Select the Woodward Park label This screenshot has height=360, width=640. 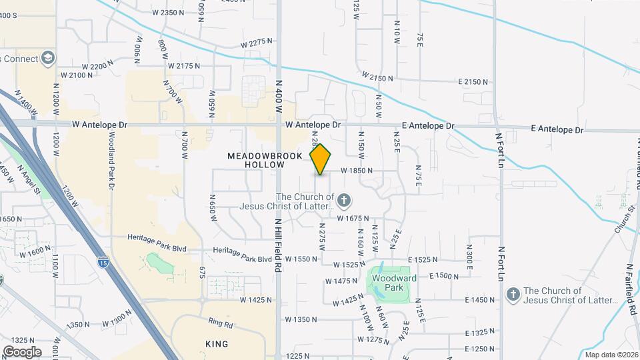click(x=389, y=283)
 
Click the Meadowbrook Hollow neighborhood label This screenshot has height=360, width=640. click(x=256, y=159)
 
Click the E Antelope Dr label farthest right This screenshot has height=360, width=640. click(x=557, y=129)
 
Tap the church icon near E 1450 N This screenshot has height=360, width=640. click(x=513, y=294)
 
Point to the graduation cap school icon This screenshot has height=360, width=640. click(x=47, y=59)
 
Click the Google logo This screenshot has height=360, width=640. click(x=21, y=351)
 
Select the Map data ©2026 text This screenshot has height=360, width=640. click(x=611, y=355)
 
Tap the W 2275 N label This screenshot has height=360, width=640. click(x=258, y=42)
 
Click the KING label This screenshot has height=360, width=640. click(x=217, y=344)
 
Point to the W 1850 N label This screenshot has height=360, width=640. click(x=356, y=171)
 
